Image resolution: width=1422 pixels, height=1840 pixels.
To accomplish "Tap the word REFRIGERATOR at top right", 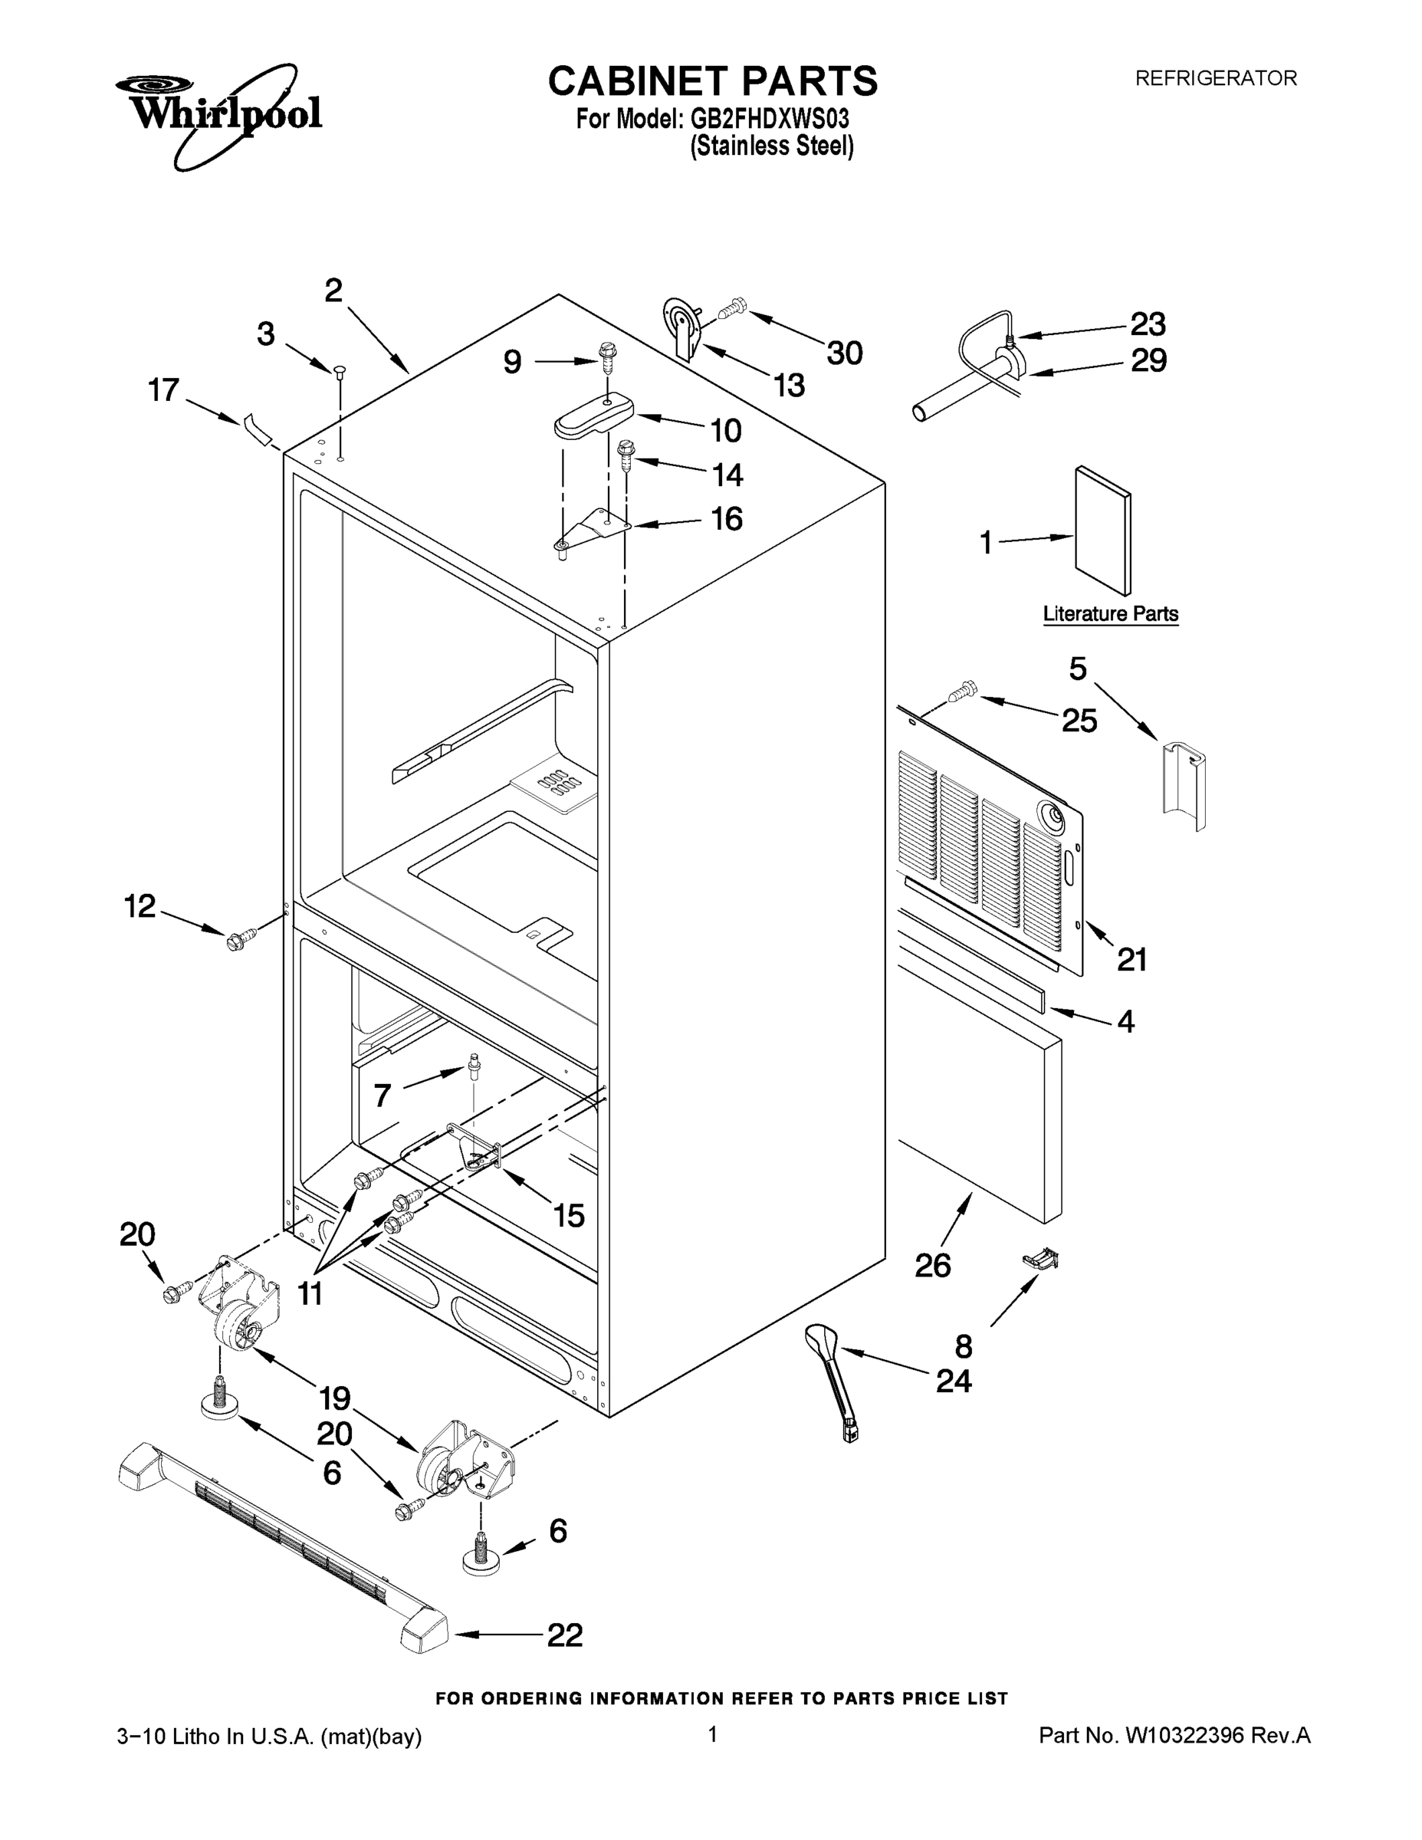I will (1216, 78).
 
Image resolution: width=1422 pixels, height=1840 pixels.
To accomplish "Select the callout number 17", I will (163, 390).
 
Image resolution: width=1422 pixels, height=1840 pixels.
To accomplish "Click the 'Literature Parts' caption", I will (1110, 613).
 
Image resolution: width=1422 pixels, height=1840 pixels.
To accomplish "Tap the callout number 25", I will (1079, 721).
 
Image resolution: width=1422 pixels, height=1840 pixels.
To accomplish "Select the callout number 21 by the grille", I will (1131, 959).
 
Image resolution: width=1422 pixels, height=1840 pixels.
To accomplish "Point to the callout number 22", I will (564, 1635).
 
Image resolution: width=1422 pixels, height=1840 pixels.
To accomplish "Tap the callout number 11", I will (310, 1293).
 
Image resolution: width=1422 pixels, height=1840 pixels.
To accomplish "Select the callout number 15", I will (569, 1215).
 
